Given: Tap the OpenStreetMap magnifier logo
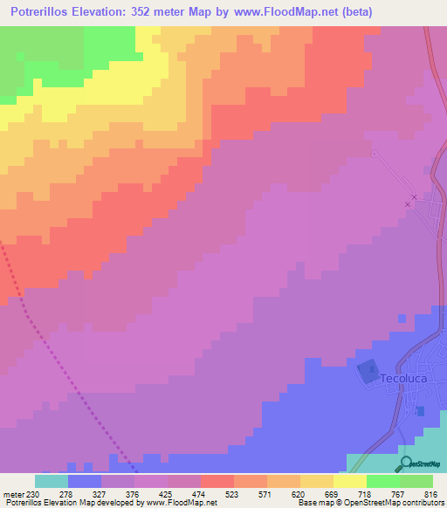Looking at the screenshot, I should click(404, 463).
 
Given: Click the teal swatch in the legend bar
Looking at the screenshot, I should click(52, 481).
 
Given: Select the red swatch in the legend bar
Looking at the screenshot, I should click(217, 481).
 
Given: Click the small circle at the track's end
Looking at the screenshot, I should click(374, 154).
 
